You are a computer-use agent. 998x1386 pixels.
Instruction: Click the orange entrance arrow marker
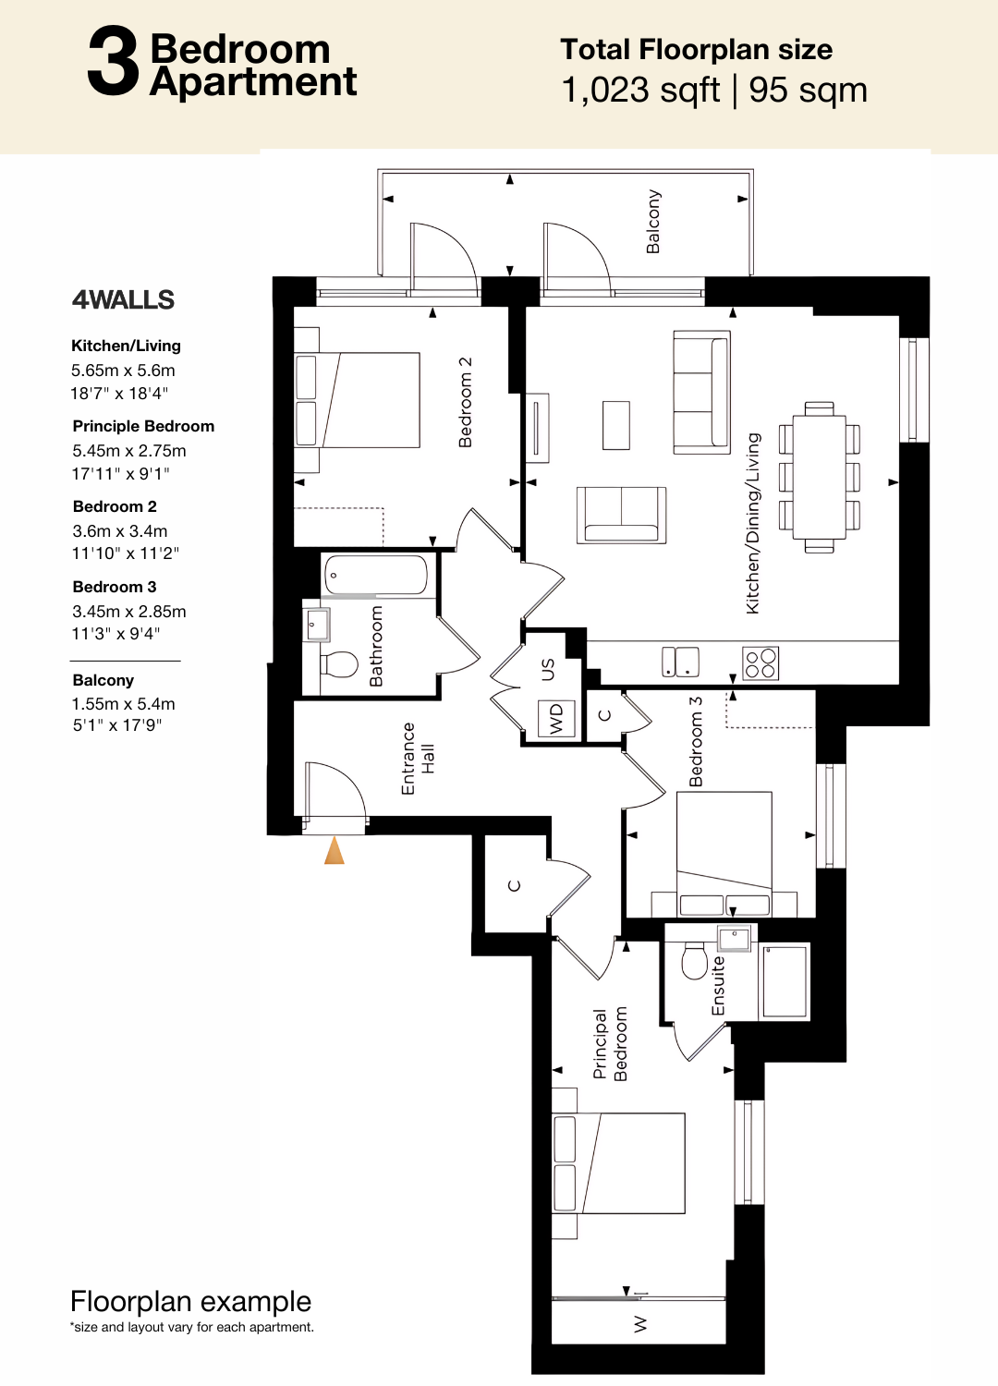point(335,850)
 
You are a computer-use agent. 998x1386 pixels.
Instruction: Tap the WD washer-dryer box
point(556,718)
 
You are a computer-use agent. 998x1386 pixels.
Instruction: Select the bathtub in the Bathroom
point(375,575)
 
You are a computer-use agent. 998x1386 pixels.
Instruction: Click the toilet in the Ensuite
point(695,961)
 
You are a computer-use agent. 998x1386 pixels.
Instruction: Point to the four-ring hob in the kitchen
point(761,663)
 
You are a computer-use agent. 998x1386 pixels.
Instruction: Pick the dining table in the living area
point(819,477)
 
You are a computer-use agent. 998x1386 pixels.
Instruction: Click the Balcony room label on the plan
point(653,222)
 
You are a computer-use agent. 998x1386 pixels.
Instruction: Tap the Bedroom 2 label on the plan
point(465,402)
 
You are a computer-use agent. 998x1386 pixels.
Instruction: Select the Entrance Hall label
point(418,759)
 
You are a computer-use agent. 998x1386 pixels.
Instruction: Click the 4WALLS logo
point(123,300)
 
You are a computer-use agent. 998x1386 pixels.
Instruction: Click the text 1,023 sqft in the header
point(640,91)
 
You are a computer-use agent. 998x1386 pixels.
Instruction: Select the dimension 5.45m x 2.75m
point(129,451)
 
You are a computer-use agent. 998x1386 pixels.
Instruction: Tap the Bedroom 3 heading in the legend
point(115,587)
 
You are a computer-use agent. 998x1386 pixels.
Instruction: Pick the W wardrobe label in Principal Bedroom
point(640,1324)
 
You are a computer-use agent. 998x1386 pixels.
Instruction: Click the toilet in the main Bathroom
point(339,664)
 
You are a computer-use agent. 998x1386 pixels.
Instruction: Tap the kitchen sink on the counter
point(680,663)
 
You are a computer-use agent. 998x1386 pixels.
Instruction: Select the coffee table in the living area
point(616,425)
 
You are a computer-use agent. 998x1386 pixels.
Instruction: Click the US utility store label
point(548,670)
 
